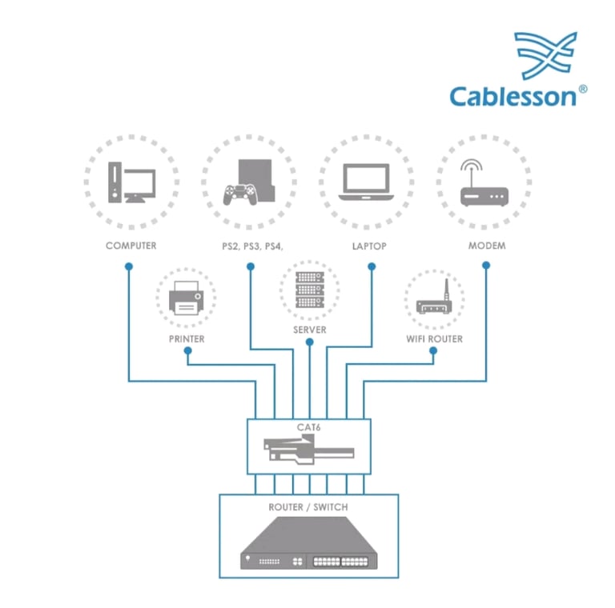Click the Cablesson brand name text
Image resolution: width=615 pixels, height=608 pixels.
[x=513, y=96]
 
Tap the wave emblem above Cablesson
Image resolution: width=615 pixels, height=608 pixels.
[x=545, y=55]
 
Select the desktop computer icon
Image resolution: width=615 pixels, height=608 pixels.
[x=132, y=182]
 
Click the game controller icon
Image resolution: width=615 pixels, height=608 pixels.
[x=240, y=194]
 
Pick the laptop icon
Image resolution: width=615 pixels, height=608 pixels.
[x=366, y=182]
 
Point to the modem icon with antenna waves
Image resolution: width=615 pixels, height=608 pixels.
[x=484, y=182]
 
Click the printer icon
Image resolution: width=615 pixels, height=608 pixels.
[x=187, y=298]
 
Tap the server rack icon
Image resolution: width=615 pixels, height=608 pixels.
[x=310, y=290]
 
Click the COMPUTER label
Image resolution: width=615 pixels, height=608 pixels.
[x=131, y=246]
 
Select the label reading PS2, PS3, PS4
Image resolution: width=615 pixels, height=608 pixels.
[x=252, y=246]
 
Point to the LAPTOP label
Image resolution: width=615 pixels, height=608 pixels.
[x=369, y=246]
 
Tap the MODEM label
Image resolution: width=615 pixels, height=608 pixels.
[x=487, y=246]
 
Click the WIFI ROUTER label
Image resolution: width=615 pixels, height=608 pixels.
[x=434, y=339]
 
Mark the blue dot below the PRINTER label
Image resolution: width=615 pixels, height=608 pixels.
[x=188, y=350]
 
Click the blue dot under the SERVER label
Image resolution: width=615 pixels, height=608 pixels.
[x=309, y=342]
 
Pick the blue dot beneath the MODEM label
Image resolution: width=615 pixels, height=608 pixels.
[x=486, y=266]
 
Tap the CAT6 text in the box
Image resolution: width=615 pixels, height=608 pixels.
[x=308, y=427]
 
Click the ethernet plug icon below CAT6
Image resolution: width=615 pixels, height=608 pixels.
[x=309, y=450]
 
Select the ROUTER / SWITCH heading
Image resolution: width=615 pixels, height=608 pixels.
[x=308, y=507]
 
